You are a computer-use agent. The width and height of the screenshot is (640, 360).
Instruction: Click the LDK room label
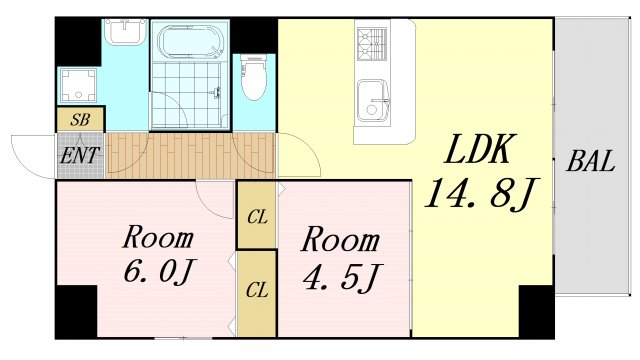(x=478, y=149)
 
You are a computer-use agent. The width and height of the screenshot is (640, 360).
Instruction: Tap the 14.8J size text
(x=482, y=193)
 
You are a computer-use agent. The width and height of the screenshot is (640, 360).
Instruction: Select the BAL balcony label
(x=591, y=161)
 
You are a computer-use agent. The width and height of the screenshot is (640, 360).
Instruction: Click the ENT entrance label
(x=79, y=156)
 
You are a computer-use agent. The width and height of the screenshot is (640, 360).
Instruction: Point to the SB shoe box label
(x=80, y=120)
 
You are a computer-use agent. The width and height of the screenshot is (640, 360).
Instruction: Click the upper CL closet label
(x=257, y=218)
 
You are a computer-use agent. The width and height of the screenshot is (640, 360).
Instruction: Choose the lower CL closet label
(x=257, y=290)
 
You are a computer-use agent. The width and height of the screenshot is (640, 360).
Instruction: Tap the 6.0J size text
(x=158, y=270)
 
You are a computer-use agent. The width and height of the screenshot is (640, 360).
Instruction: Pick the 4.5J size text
(x=342, y=276)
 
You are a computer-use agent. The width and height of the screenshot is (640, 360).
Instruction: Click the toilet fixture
(x=253, y=77)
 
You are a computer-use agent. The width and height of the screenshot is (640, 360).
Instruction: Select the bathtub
(x=190, y=42)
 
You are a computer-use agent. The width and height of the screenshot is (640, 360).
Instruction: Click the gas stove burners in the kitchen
(x=371, y=44)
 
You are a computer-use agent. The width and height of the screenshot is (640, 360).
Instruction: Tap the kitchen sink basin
(x=372, y=101)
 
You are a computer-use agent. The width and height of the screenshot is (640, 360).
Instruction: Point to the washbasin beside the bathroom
(x=124, y=31)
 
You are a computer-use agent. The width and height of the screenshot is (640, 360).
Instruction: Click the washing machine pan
(x=78, y=85)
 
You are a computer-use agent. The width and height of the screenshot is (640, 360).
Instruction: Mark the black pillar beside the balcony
(x=536, y=311)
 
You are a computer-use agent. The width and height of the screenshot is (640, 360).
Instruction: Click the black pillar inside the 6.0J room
(x=76, y=311)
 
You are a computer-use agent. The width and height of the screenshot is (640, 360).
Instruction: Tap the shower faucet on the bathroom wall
(x=217, y=93)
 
